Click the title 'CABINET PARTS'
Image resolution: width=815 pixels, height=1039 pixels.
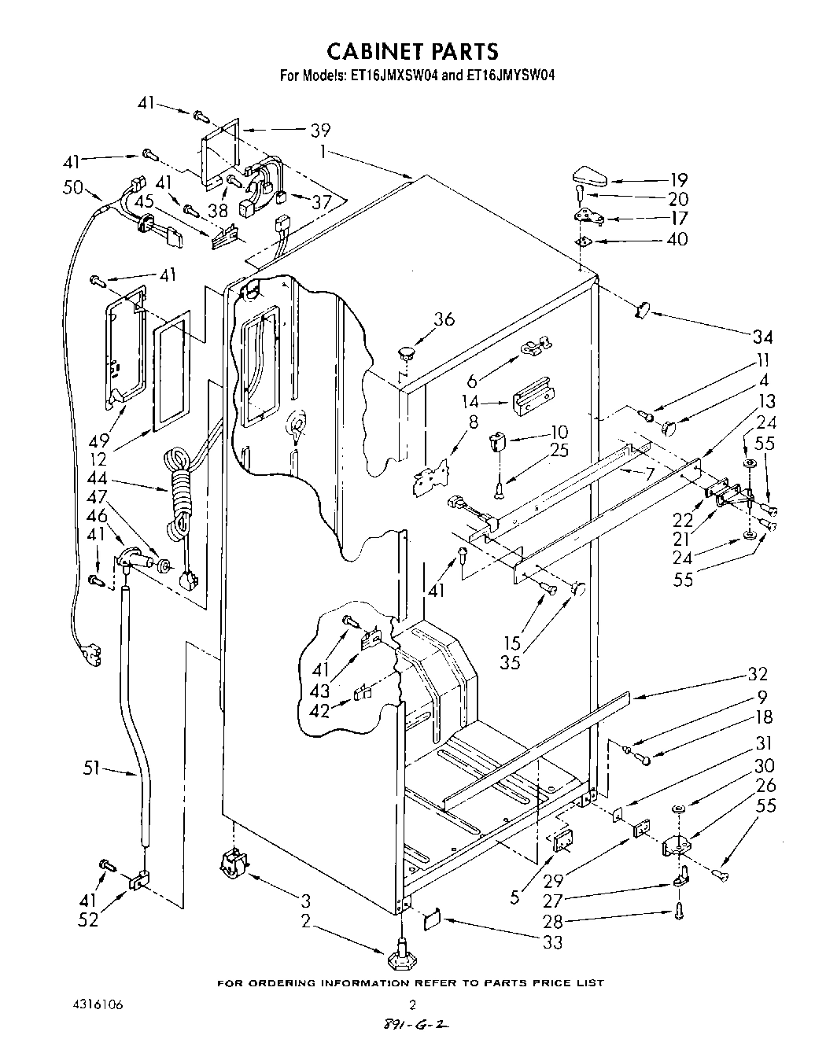(411, 51)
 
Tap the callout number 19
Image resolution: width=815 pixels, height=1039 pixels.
(679, 179)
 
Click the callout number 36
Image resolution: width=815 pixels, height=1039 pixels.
(444, 319)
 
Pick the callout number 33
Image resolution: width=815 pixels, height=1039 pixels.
(553, 941)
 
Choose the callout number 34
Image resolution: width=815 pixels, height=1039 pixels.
(762, 337)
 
